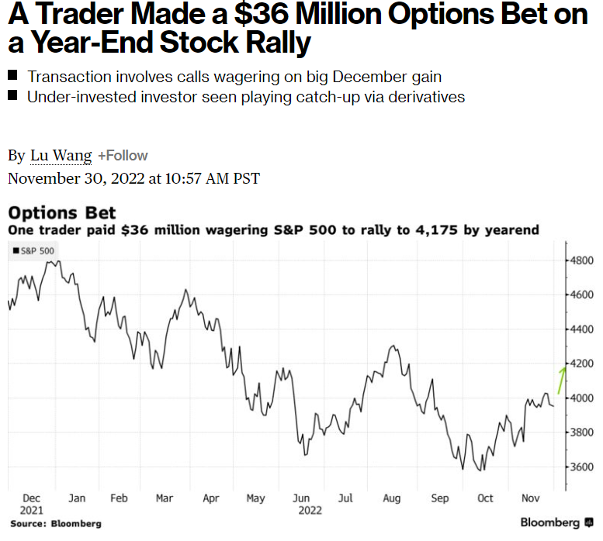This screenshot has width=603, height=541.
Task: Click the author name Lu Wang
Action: [61, 156]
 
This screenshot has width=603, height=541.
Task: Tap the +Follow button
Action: [123, 156]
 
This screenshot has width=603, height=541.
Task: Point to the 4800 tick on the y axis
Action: [582, 260]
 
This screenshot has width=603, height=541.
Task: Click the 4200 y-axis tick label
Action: [582, 364]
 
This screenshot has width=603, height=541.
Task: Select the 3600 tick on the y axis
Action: [582, 467]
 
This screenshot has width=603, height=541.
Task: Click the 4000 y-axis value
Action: [582, 398]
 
